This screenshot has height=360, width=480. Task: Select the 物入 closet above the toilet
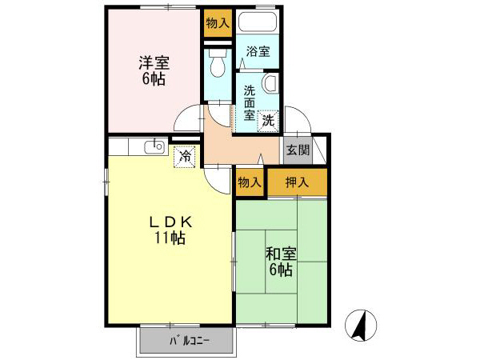[x=217, y=24]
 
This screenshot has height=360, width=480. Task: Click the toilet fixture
[x=216, y=62]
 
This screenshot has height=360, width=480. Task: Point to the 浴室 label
[x=257, y=52]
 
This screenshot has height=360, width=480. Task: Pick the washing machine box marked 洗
[x=268, y=120]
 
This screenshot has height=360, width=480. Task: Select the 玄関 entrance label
[x=298, y=150]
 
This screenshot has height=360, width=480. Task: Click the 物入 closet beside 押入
[x=250, y=182]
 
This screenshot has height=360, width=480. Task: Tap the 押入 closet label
[x=297, y=182]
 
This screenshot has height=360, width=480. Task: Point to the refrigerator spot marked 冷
[x=185, y=156]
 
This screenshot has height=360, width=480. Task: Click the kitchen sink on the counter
[x=154, y=146]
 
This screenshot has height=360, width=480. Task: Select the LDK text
[x=168, y=222]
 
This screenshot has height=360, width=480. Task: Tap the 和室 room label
[x=281, y=254]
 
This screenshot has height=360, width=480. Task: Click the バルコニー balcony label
[x=189, y=340]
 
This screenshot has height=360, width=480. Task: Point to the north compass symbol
[x=362, y=323]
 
